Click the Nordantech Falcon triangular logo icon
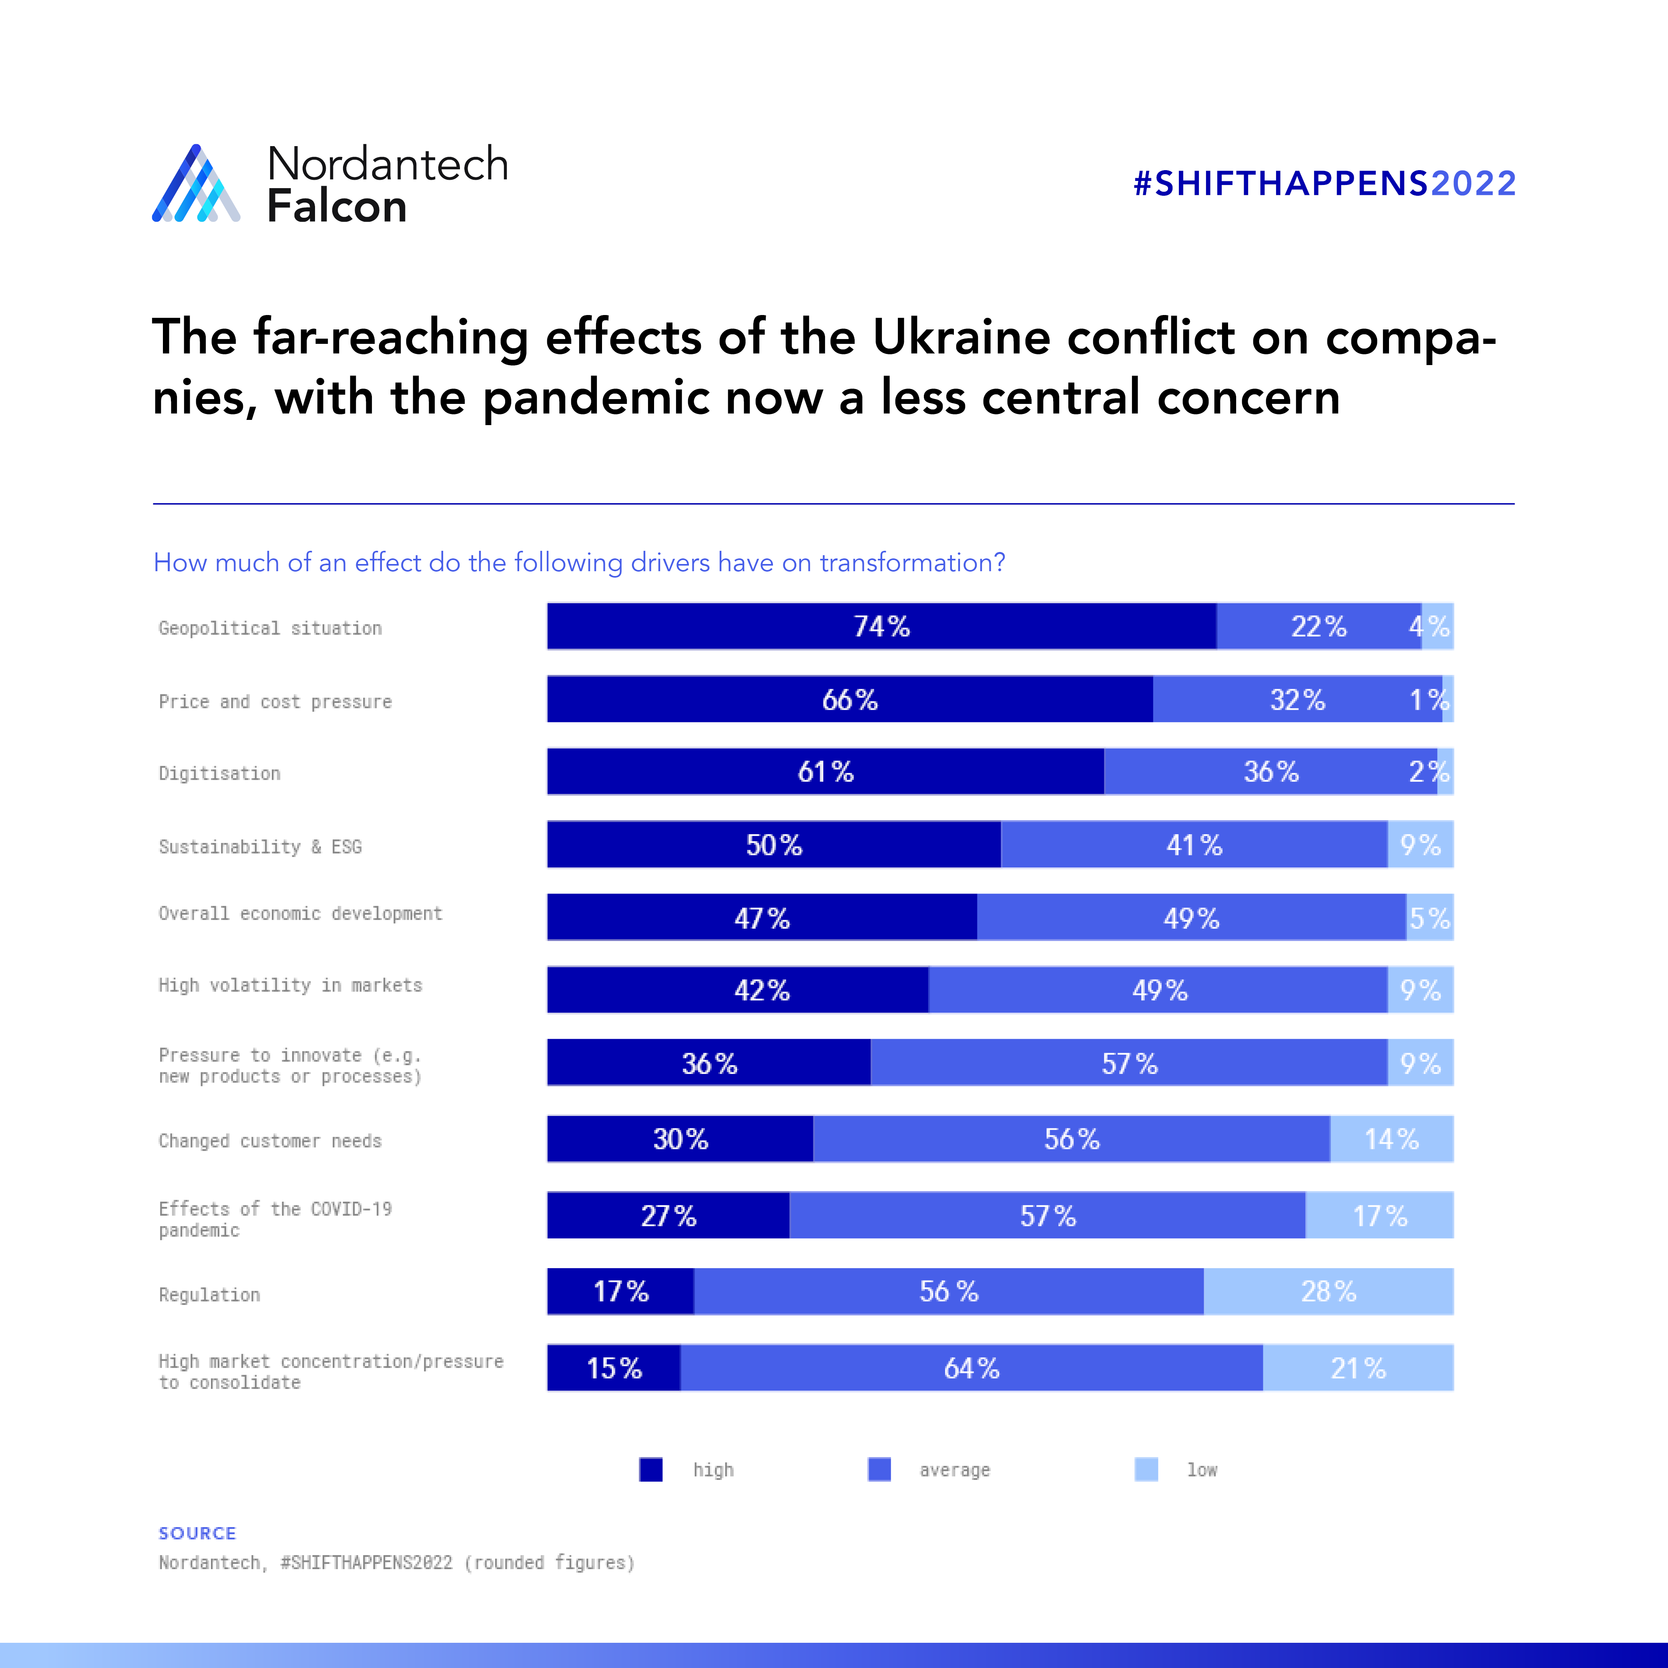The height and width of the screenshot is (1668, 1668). pos(196,184)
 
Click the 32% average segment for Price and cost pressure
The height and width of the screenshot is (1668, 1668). pos(1297,699)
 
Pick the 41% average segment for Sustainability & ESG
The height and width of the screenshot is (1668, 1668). pos(1194,844)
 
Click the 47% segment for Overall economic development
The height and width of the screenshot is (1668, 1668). pos(761,918)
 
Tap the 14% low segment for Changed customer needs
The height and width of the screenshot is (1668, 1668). pos(1391,1139)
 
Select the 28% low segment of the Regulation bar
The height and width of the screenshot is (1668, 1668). pos(1328,1292)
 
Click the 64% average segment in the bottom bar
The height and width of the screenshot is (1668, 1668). pos(971,1367)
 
